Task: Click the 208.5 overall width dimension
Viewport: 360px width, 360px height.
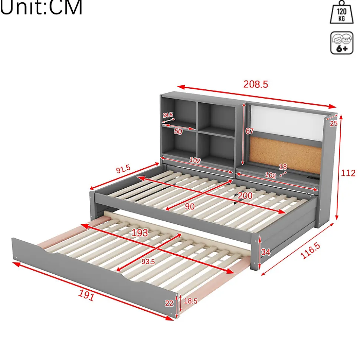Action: (x=256, y=84)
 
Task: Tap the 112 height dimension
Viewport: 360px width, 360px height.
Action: (x=348, y=173)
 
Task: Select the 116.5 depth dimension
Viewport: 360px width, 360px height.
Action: (x=310, y=251)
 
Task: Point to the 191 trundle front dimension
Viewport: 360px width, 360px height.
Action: (x=86, y=295)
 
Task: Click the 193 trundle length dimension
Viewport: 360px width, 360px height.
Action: (x=140, y=233)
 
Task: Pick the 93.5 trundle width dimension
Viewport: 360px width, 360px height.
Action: (x=148, y=261)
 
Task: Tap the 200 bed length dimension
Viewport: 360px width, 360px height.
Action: (x=245, y=196)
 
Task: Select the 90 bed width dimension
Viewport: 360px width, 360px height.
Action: (x=190, y=207)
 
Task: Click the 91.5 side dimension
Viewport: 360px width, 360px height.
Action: (x=123, y=169)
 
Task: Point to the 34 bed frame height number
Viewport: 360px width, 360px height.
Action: (x=265, y=252)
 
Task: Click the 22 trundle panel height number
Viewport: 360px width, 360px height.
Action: (x=169, y=303)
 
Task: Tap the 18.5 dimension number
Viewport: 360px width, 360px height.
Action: (x=190, y=301)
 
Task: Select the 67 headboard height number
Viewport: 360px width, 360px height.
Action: (x=249, y=131)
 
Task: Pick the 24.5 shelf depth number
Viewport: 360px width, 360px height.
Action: (x=168, y=115)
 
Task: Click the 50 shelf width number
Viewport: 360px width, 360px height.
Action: (x=178, y=131)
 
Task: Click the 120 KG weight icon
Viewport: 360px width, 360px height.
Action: (x=341, y=12)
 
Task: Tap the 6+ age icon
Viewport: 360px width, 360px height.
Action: (x=342, y=43)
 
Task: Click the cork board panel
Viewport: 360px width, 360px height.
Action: (x=285, y=154)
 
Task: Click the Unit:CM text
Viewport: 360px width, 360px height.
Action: (x=41, y=7)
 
